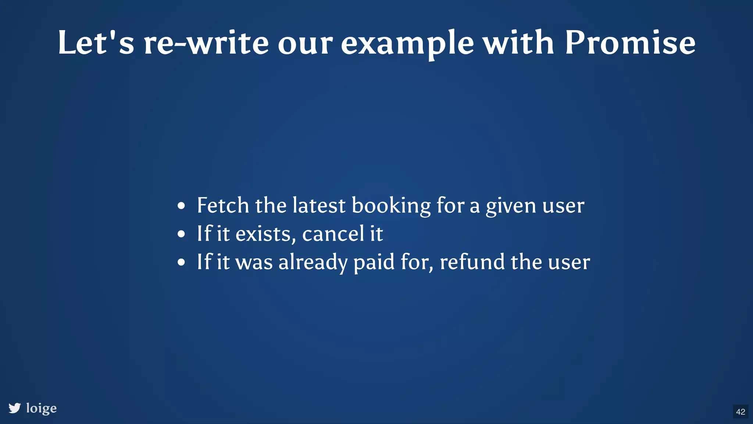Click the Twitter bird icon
15,408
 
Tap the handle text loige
42,408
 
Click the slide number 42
740,411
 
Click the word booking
391,206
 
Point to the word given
511,206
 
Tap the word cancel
333,234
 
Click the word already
313,262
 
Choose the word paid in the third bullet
374,262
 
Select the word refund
472,262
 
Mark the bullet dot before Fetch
181,206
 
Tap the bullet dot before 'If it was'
181,262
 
